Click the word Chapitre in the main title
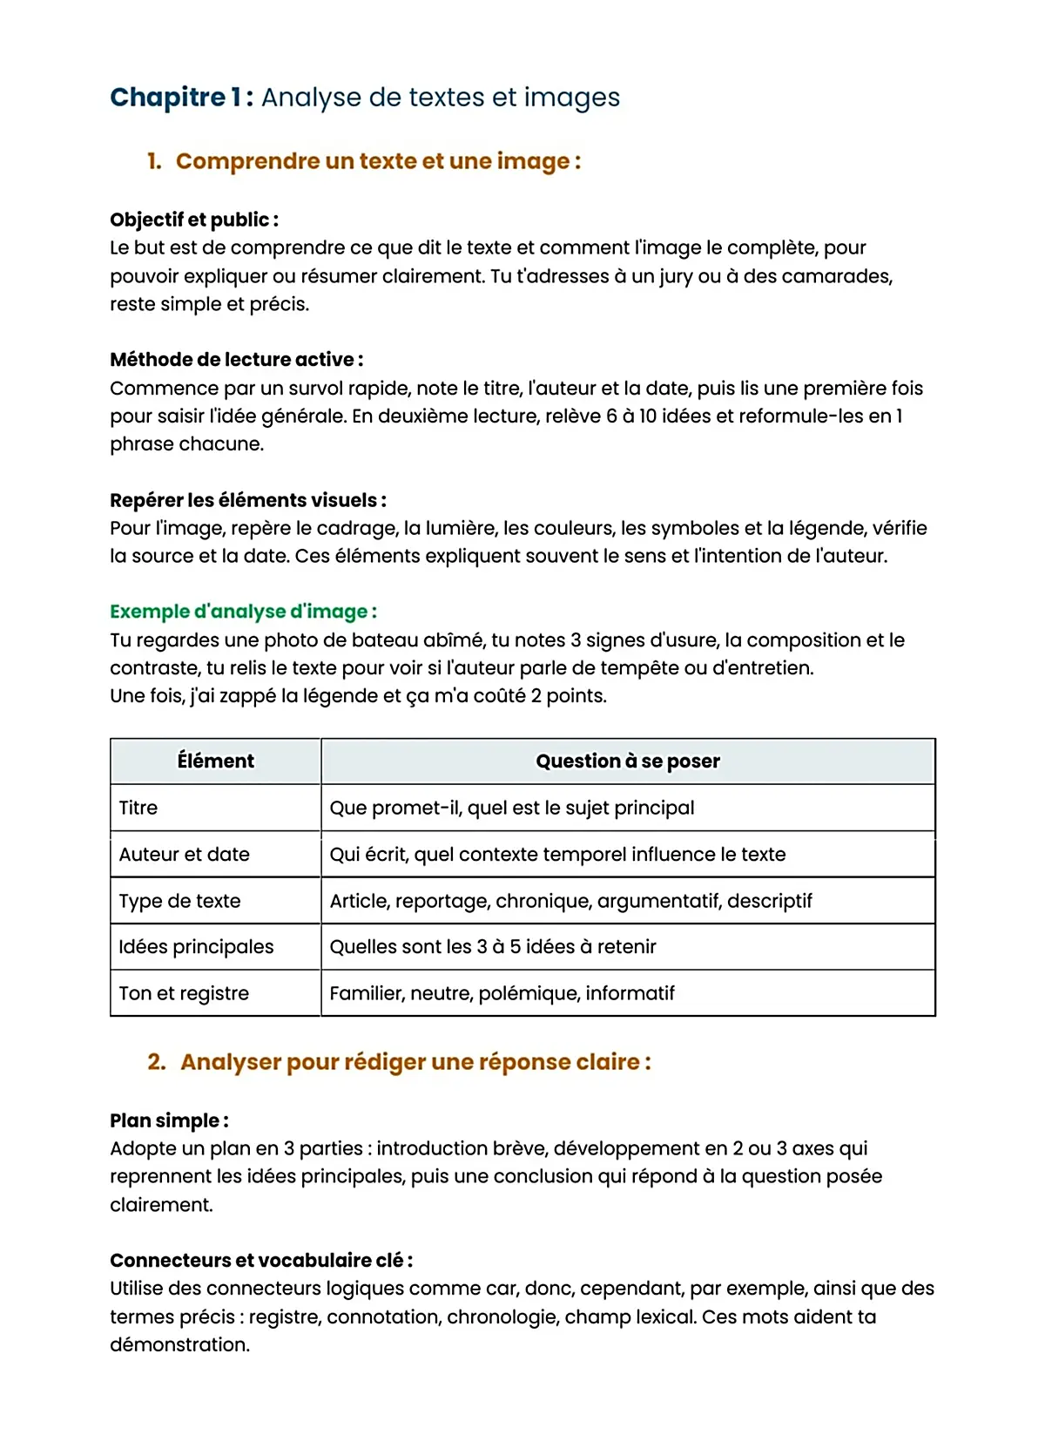[167, 98]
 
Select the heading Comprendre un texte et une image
[377, 162]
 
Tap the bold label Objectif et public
[193, 220]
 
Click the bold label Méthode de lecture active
[236, 360]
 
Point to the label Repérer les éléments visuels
[247, 500]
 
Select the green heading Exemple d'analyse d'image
[243, 612]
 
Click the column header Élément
[215, 761]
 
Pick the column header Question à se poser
[627, 761]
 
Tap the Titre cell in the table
[138, 808]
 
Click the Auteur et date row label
[184, 855]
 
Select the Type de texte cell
[179, 901]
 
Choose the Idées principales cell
[196, 947]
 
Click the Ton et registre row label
[184, 993]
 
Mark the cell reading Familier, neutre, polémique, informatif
[502, 993]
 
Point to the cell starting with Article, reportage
[570, 901]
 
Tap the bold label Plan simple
[169, 1120]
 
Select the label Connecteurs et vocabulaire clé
[260, 1261]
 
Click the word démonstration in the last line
[179, 1345]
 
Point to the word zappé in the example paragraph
[246, 696]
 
